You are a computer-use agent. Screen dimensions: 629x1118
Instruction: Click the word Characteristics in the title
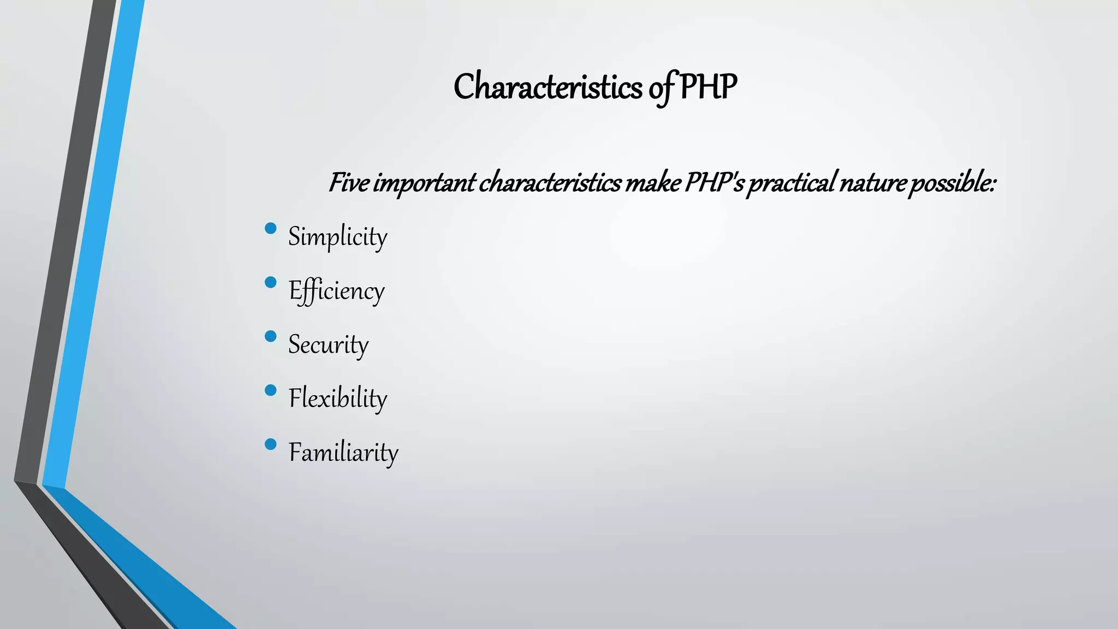click(548, 87)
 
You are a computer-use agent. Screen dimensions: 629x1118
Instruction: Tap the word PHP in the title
click(708, 87)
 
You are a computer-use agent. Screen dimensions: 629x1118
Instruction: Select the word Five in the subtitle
click(348, 183)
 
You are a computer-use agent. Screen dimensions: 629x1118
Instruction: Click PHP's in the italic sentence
click(714, 183)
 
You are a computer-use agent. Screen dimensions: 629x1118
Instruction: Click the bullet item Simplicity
click(337, 237)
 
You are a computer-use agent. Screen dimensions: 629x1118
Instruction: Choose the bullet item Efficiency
click(336, 291)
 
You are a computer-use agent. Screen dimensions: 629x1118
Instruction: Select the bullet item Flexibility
click(337, 399)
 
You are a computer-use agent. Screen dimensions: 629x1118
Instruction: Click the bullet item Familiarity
click(343, 453)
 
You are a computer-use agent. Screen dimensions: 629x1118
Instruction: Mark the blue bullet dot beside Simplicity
click(270, 228)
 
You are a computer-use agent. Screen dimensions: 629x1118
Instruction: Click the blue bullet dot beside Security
click(270, 336)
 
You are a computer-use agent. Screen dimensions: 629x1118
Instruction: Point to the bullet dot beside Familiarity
click(270, 444)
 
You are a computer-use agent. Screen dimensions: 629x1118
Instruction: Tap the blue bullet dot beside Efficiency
click(270, 282)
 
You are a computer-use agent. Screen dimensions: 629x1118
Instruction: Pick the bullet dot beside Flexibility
click(270, 390)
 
